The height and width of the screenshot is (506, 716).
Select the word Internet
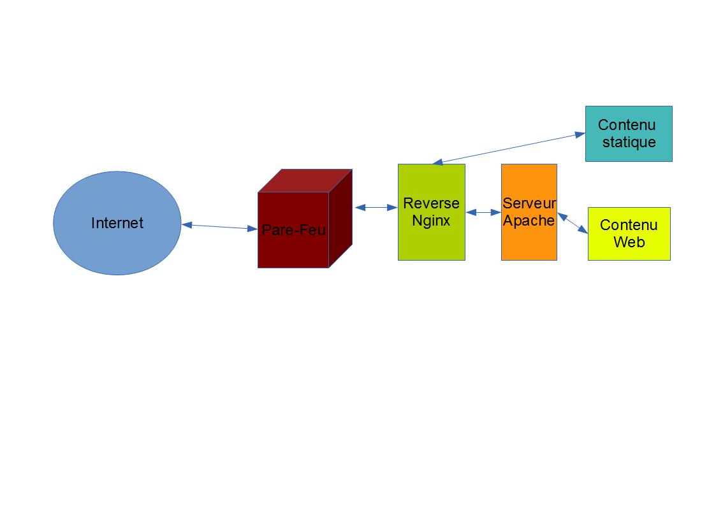pyautogui.click(x=117, y=223)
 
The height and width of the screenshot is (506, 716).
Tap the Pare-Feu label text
pyautogui.click(x=293, y=230)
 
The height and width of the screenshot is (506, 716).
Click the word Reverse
pyautogui.click(x=431, y=204)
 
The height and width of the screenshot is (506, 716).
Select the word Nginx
pyautogui.click(x=431, y=220)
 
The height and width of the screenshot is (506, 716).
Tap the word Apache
pyautogui.click(x=529, y=220)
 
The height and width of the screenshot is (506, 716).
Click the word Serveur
pyautogui.click(x=529, y=204)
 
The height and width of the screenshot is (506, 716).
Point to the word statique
pyautogui.click(x=629, y=141)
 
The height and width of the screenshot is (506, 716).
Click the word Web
pyautogui.click(x=629, y=242)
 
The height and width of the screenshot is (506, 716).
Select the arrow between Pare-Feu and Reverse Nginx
pyautogui.click(x=376, y=207)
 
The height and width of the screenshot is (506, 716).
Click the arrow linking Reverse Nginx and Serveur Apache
pyautogui.click(x=483, y=213)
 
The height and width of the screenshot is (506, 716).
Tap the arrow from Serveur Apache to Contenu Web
pyautogui.click(x=573, y=223)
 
